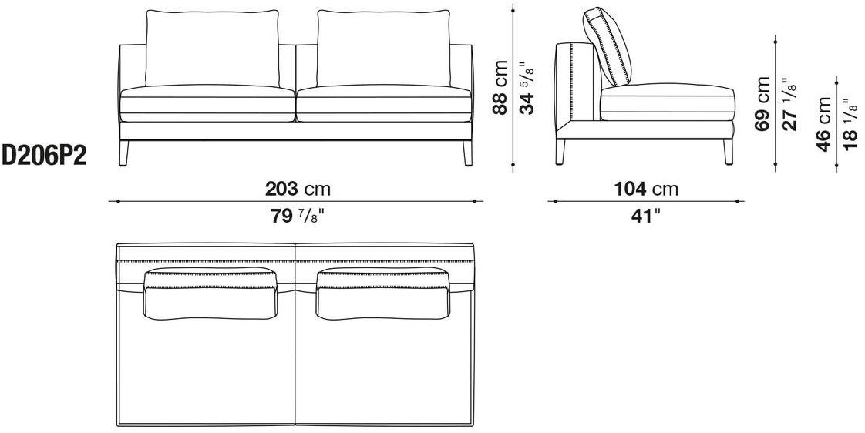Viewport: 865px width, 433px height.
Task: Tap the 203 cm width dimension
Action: tap(298, 190)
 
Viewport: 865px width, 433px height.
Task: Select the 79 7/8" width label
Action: tap(297, 216)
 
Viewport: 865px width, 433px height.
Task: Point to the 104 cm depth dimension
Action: tap(646, 190)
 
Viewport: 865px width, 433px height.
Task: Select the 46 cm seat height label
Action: tap(824, 124)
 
